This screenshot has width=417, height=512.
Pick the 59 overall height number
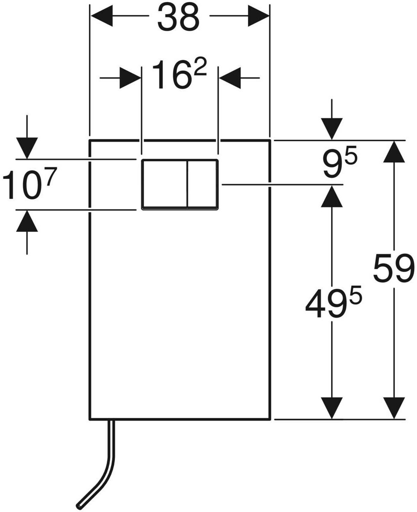[394, 269]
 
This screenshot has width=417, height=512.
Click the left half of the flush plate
[164, 184]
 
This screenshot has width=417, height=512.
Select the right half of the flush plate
[203, 184]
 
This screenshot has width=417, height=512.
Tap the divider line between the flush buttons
[187, 184]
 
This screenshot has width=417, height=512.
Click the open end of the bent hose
[79, 506]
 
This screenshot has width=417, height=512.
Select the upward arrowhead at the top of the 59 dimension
[394, 151]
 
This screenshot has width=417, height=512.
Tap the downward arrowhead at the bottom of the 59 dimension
[394, 408]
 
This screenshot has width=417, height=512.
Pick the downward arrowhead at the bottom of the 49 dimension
[332, 408]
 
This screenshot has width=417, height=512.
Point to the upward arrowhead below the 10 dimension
[27, 221]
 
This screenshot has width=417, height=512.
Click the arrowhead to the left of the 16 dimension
[130, 78]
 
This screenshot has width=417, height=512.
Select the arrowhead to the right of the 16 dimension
[229, 78]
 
